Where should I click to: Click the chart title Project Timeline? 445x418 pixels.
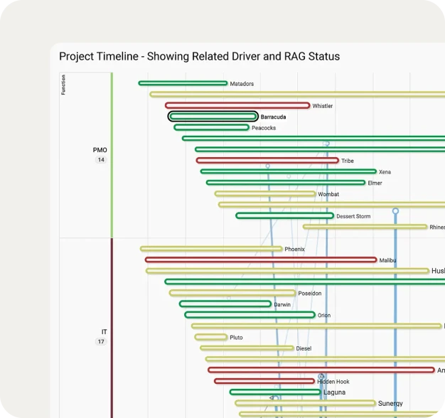point(199,56)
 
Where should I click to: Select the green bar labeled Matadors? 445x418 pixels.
point(183,83)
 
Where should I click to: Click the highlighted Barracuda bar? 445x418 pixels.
point(213,117)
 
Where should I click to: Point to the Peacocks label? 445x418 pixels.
point(264,128)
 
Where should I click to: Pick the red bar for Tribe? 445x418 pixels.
point(267,161)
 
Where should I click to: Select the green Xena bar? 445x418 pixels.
point(288,171)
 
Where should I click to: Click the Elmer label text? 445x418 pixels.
point(375,183)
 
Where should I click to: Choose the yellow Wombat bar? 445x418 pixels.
point(264,194)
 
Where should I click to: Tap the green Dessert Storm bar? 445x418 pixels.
point(284,215)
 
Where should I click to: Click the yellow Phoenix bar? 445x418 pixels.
point(211,249)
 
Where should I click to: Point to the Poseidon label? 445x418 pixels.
point(309,293)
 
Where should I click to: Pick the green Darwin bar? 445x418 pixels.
point(225,304)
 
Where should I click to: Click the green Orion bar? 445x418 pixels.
point(250,315)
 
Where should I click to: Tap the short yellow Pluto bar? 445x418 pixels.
point(210,337)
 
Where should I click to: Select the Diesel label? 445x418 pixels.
point(304,348)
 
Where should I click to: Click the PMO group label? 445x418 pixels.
point(100,150)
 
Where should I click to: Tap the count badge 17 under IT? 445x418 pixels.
point(101,342)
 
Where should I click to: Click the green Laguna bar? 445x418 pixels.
point(274,392)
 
